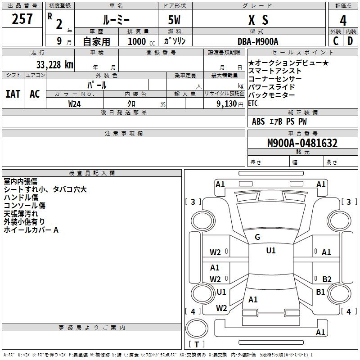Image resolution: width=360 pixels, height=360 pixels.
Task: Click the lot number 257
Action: pyautogui.click(x=22, y=19)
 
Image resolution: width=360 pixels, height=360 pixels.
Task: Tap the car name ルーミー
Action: pyautogui.click(x=116, y=20)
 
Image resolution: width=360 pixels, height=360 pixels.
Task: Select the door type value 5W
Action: pyautogui.click(x=174, y=20)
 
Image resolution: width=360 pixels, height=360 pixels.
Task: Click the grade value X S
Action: pyautogui.click(x=258, y=20)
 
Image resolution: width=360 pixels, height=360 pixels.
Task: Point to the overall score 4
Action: pyautogui.click(x=343, y=20)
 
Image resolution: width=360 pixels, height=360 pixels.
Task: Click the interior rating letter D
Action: pyautogui.click(x=350, y=41)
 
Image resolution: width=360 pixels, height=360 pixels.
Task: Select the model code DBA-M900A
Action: pyautogui.click(x=258, y=41)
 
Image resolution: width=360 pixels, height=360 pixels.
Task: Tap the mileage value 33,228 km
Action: pyautogui.click(x=55, y=64)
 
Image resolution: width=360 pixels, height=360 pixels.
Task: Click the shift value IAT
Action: pyautogui.click(x=13, y=94)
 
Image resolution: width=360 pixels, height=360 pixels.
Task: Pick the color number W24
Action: pyautogui.click(x=74, y=104)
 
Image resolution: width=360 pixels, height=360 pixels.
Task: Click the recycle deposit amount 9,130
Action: pyautogui.click(x=227, y=104)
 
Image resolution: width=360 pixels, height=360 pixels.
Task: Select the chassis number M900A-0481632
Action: pyautogui.click(x=302, y=143)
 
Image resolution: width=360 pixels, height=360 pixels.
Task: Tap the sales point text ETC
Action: pyautogui.click(x=253, y=103)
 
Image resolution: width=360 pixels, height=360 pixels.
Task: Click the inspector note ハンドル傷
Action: pyautogui.click(x=21, y=197)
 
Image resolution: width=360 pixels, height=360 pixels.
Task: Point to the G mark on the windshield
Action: pyautogui.click(x=257, y=237)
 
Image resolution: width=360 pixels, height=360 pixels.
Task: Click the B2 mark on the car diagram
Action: pyautogui.click(x=327, y=279)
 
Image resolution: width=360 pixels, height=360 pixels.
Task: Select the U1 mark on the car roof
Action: pyautogui.click(x=271, y=250)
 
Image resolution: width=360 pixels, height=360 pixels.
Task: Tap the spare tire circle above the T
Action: pyautogui.click(x=197, y=328)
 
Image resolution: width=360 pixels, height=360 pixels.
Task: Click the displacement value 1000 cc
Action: pyautogui.click(x=141, y=41)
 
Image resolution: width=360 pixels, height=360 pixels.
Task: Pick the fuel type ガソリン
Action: pyautogui.click(x=175, y=41)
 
